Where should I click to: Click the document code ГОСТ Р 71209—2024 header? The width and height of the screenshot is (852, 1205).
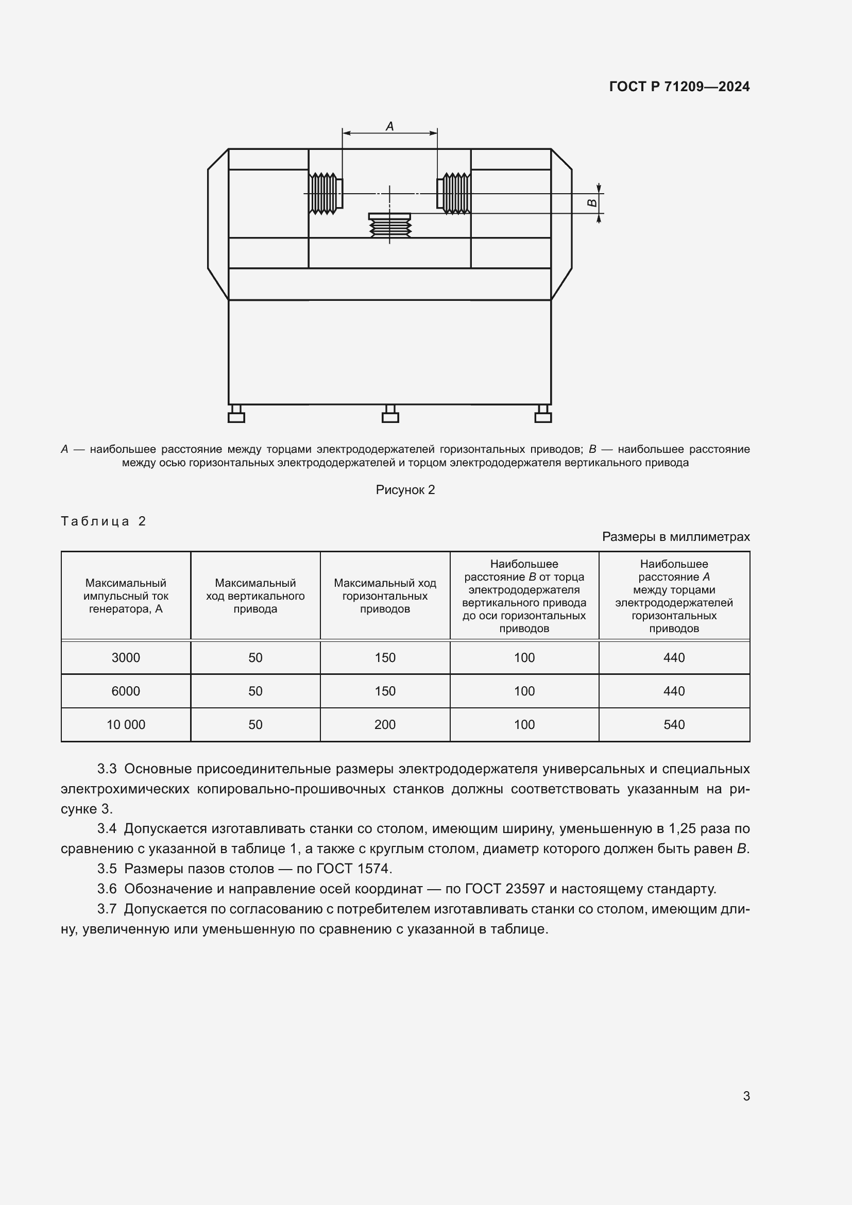tap(679, 87)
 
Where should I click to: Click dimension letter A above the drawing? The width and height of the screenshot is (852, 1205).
tap(390, 126)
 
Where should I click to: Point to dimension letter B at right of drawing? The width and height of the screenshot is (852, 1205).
tap(591, 203)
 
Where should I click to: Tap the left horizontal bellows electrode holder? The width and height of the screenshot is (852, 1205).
tap(325, 193)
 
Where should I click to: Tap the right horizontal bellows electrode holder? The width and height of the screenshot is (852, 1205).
tap(454, 193)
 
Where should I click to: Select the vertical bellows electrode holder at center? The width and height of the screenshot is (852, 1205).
tap(390, 226)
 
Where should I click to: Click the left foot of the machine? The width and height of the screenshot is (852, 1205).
tap(236, 414)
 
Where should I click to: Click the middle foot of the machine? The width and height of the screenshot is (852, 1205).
tap(390, 414)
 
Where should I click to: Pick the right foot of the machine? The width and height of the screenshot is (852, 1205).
tap(543, 414)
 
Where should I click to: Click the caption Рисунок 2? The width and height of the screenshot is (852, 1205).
tap(405, 489)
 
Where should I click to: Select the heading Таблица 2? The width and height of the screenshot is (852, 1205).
tap(104, 521)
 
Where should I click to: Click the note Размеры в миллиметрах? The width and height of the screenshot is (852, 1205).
tap(676, 537)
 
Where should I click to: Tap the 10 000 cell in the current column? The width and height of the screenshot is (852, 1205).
tap(126, 725)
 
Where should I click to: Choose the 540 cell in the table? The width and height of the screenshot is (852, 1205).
tap(674, 725)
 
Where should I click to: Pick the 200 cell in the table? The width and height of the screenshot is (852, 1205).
tap(385, 725)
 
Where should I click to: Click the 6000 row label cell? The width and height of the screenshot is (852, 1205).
tap(126, 691)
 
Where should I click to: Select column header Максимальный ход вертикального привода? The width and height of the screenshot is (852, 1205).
tap(255, 596)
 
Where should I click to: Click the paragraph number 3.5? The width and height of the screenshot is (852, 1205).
tap(107, 869)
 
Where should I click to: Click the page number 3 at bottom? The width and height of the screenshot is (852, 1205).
tap(746, 1096)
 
